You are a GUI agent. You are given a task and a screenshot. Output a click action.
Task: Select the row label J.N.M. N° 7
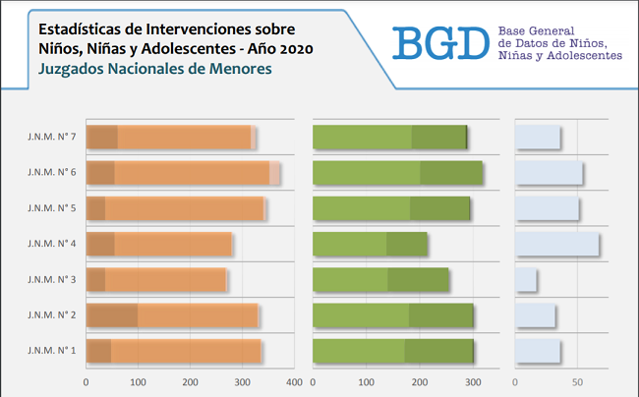pyautogui.click(x=51, y=138)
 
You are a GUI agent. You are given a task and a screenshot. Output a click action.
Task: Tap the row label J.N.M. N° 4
pyautogui.click(x=51, y=244)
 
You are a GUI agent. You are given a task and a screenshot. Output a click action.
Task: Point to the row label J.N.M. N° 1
pyautogui.click(x=51, y=350)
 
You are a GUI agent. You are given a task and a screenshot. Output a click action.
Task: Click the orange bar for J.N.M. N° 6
pyautogui.click(x=183, y=173)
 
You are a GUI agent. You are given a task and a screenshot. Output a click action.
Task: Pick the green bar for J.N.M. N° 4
pyautogui.click(x=370, y=244)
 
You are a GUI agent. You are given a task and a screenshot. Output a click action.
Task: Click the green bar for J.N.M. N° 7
pyautogui.click(x=389, y=138)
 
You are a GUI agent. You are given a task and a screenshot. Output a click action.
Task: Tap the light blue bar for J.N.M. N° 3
pyautogui.click(x=526, y=279)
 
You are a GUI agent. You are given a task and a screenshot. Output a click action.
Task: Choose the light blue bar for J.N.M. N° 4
pyautogui.click(x=556, y=244)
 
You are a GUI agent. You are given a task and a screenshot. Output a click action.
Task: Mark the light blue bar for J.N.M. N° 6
pyautogui.click(x=549, y=173)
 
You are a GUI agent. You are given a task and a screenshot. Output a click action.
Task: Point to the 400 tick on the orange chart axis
pyautogui.click(x=294, y=381)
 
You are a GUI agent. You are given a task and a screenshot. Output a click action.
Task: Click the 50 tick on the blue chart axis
pyautogui.click(x=577, y=381)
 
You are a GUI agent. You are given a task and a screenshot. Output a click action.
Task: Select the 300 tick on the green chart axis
pyautogui.click(x=474, y=381)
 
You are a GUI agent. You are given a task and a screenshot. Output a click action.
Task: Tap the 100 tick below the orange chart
pyautogui.click(x=139, y=381)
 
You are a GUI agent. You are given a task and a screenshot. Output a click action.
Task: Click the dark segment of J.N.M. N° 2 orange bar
pyautogui.click(x=112, y=314)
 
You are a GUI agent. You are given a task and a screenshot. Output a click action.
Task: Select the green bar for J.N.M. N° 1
pyautogui.click(x=393, y=350)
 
